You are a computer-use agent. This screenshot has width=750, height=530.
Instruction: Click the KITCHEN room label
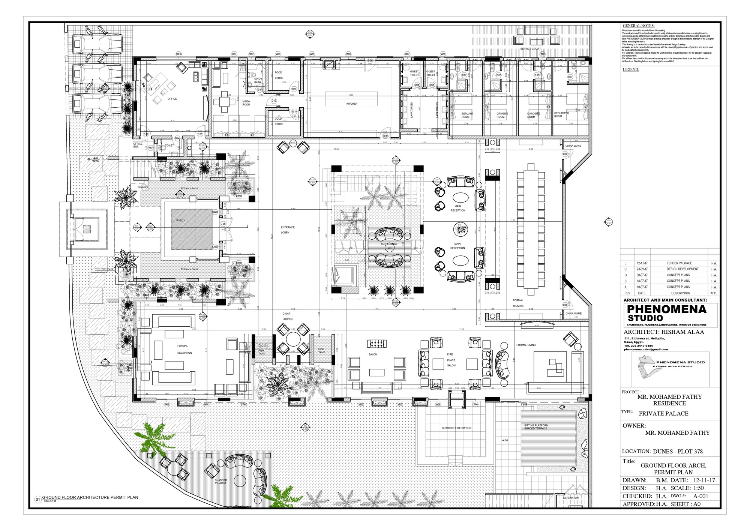click(352, 104)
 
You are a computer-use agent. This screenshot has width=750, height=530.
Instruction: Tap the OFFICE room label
click(172, 99)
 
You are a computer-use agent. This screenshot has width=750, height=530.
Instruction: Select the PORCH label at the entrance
click(181, 221)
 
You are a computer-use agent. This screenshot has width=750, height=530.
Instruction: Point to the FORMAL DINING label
click(518, 303)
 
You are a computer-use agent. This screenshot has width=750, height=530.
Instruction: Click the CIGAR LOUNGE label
click(288, 316)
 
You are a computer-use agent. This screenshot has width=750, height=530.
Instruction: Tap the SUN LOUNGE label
click(389, 244)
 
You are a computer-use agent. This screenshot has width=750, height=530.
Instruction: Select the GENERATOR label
click(570, 498)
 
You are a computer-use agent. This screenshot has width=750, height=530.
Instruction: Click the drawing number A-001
click(700, 496)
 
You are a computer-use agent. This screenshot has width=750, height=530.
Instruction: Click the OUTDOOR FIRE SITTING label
click(456, 428)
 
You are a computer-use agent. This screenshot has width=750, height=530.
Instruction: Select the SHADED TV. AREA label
click(220, 481)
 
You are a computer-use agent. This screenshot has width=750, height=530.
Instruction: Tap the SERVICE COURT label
click(530, 49)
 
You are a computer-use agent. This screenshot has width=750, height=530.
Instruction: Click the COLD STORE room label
click(279, 121)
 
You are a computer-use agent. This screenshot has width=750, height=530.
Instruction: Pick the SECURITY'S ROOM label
click(561, 114)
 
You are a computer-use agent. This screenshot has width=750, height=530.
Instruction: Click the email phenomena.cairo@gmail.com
click(646, 349)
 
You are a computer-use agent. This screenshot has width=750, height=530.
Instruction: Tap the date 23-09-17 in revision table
click(642, 269)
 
